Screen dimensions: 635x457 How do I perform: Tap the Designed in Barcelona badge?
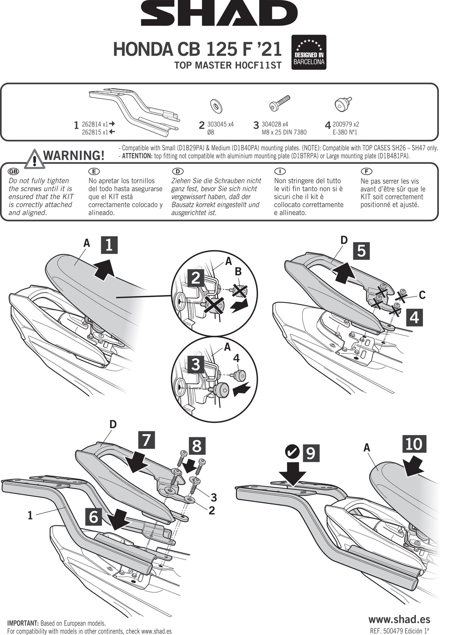(x=309, y=52)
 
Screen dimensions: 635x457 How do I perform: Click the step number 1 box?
(x=109, y=244)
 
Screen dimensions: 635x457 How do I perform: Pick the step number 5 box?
(x=361, y=251)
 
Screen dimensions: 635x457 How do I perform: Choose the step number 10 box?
(x=414, y=444)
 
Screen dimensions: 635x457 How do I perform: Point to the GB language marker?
(x=13, y=171)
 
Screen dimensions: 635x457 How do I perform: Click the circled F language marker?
(x=365, y=171)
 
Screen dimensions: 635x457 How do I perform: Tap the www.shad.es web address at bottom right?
(x=399, y=619)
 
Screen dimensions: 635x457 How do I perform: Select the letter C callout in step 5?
(x=422, y=295)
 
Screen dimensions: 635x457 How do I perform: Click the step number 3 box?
(x=195, y=364)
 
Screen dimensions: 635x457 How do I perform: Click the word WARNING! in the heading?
(x=74, y=155)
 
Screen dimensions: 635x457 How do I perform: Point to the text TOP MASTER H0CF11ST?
(x=228, y=65)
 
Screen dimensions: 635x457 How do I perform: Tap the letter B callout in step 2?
(x=238, y=271)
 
